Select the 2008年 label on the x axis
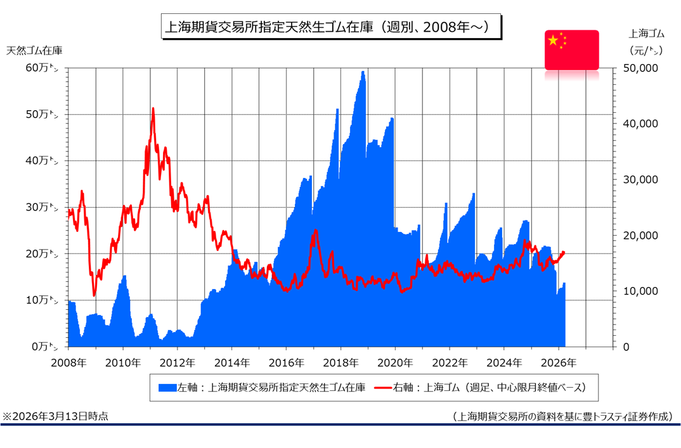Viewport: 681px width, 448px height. (68, 363)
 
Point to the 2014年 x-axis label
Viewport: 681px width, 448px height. (231, 363)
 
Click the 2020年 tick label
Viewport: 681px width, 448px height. (395, 363)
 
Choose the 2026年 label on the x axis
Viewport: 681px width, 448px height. (559, 363)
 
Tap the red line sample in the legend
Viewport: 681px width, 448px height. (382, 387)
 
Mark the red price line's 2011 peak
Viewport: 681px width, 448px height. (153, 109)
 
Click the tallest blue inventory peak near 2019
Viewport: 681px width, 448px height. (363, 72)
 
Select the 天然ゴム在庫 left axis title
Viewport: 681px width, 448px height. (34, 50)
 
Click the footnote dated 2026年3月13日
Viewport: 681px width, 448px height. (55, 416)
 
